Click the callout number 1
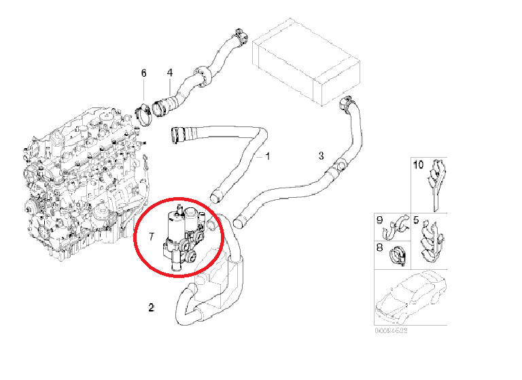[268, 156]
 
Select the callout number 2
[151, 308]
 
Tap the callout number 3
[321, 156]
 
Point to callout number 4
[170, 72]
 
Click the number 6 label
[143, 72]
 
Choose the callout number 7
[152, 237]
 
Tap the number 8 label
[380, 249]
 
